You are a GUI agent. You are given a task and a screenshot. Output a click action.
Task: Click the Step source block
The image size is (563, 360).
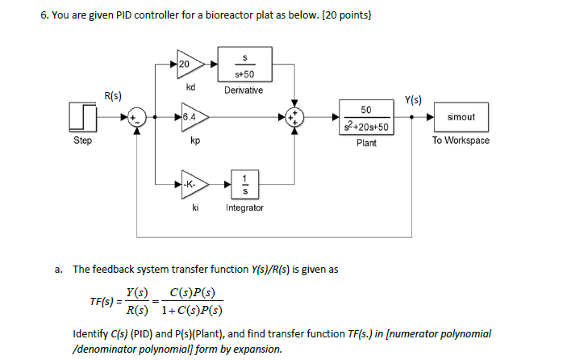click(x=82, y=117)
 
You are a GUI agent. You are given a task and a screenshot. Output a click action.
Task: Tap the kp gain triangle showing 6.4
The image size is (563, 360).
click(x=192, y=117)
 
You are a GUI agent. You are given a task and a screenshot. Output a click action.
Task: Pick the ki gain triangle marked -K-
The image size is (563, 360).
click(x=192, y=185)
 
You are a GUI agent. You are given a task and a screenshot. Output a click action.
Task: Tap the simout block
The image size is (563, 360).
click(x=461, y=117)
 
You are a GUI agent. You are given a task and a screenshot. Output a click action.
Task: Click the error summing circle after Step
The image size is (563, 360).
click(x=138, y=117)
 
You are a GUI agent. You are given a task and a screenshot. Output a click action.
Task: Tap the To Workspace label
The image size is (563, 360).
click(x=461, y=140)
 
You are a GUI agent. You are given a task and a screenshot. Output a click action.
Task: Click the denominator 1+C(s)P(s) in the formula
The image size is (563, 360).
click(x=191, y=310)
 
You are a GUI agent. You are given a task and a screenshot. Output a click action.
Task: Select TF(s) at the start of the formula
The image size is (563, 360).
click(x=102, y=301)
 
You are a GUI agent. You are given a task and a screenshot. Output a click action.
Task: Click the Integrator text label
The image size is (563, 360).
click(x=244, y=207)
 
